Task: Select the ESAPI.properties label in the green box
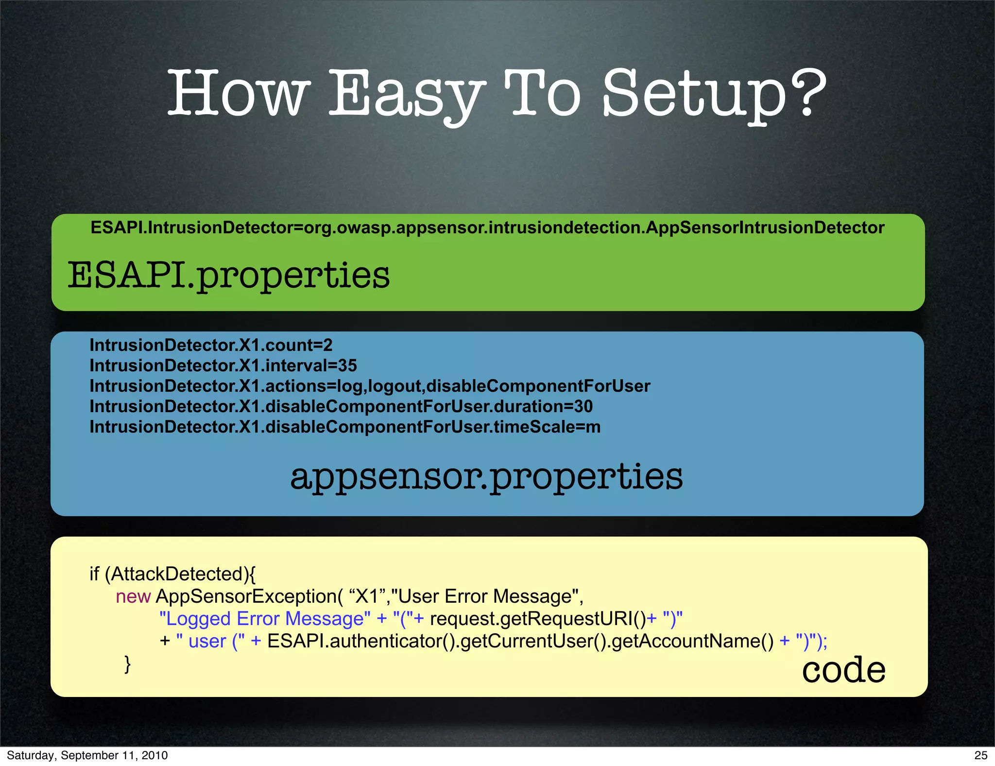228,275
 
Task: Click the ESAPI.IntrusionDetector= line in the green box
487,227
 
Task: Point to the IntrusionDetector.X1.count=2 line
211,345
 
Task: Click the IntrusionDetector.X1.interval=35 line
223,366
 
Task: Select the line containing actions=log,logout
370,386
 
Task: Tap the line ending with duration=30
341,406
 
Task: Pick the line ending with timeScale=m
345,427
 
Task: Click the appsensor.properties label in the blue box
486,476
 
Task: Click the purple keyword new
133,596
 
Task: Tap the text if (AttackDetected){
172,574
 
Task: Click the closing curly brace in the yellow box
127,663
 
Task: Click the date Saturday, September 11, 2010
87,755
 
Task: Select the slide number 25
980,755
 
